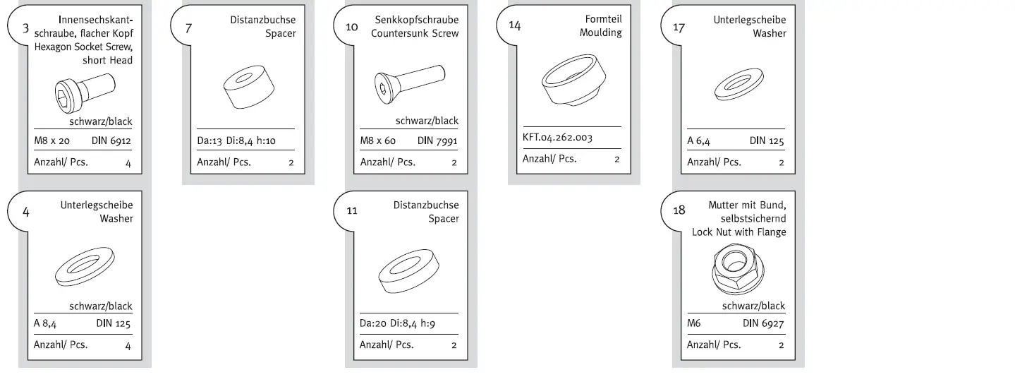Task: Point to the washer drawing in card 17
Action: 736,85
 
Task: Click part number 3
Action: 26,29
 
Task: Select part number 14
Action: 514,25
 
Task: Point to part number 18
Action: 679,210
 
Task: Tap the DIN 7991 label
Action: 437,140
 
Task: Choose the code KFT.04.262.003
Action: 557,138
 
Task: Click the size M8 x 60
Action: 378,140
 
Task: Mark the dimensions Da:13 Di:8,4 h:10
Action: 236,140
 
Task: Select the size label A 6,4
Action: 698,140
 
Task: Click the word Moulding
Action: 600,32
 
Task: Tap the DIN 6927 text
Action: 763,323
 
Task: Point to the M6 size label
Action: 693,323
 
